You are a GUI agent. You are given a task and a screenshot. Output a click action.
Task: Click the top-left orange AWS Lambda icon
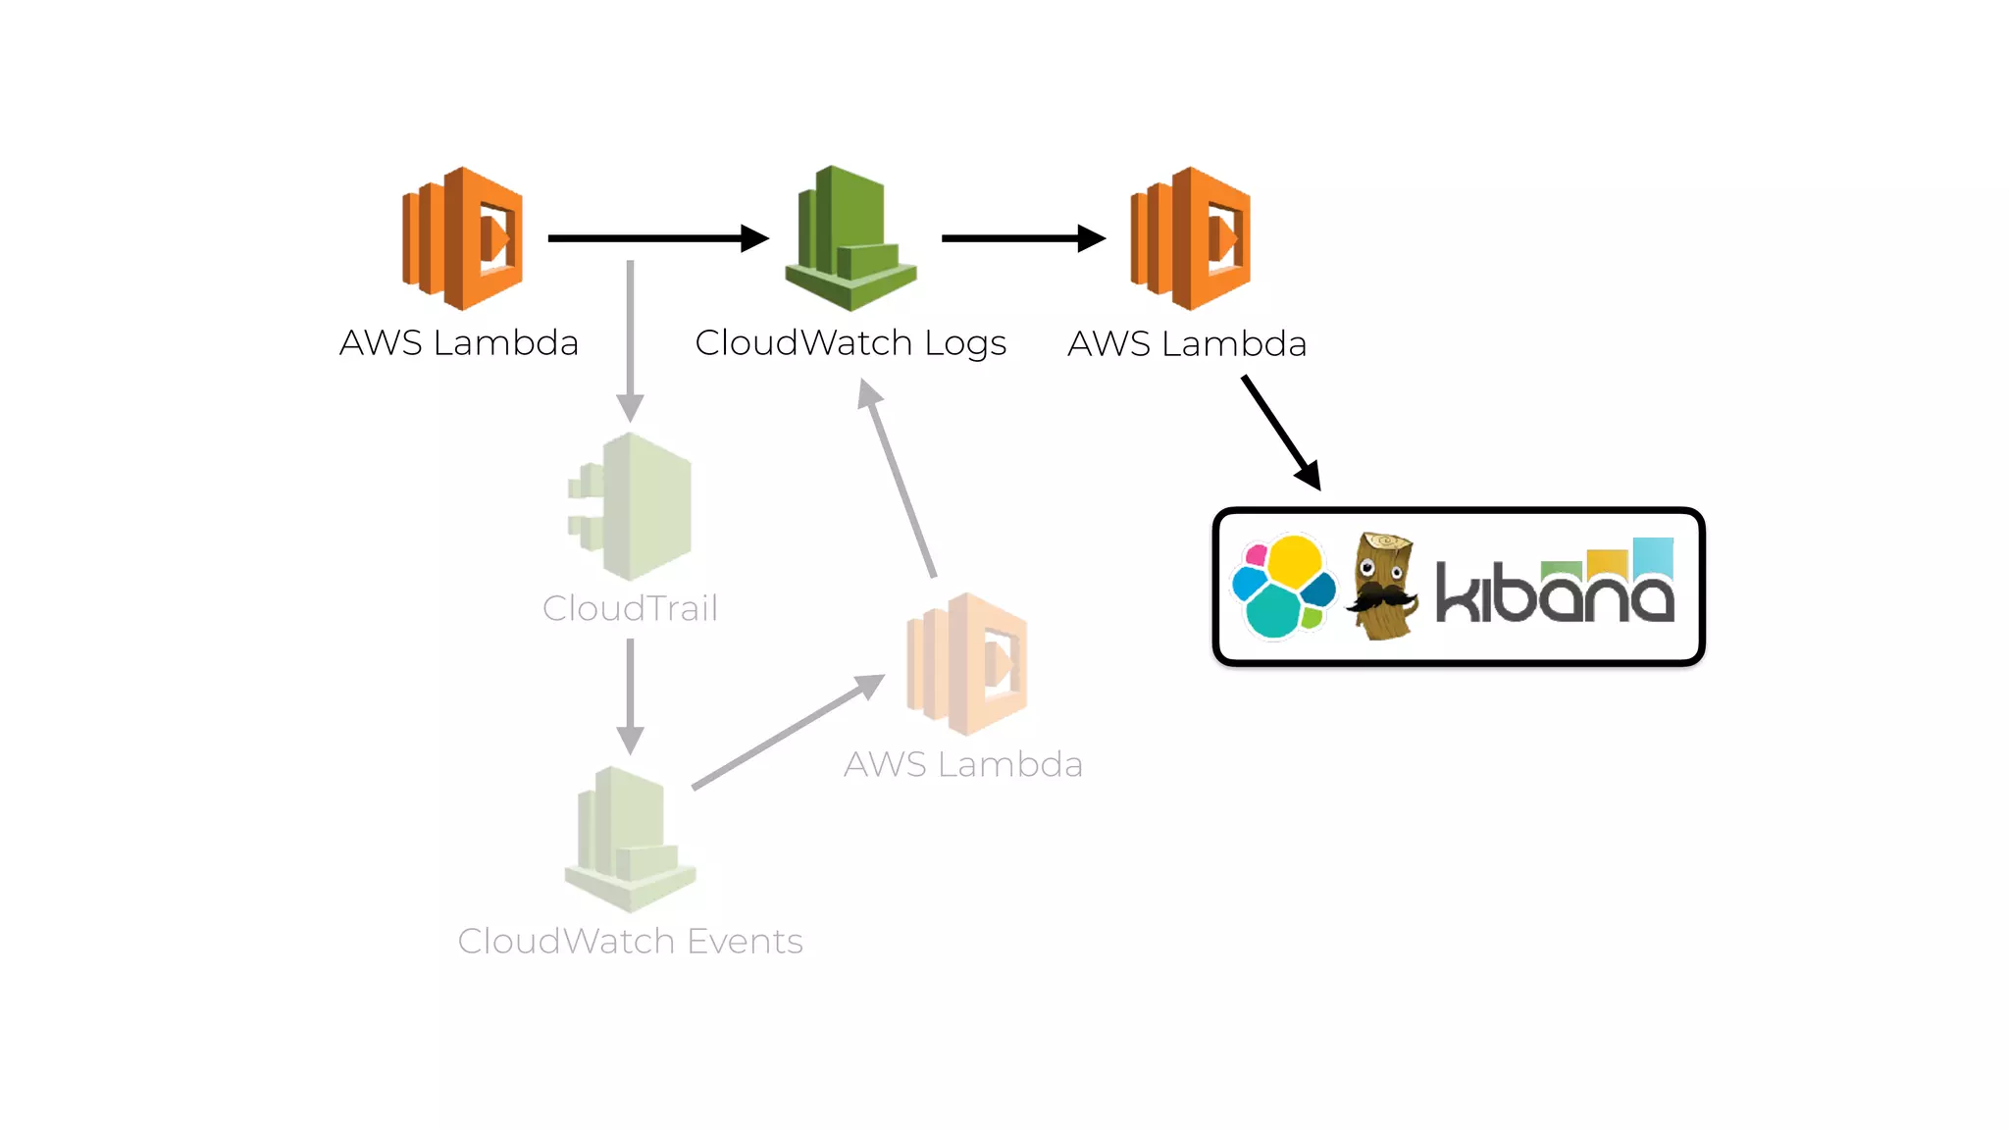[x=463, y=238]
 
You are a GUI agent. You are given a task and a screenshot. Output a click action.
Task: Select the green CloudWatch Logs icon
[x=850, y=238]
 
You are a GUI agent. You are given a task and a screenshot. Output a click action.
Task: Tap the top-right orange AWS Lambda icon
[x=1191, y=238]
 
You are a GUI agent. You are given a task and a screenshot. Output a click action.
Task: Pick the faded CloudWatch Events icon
[x=630, y=840]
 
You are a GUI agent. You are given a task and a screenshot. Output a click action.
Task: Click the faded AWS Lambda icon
[x=967, y=664]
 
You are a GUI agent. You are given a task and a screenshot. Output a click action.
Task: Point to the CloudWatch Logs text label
[x=850, y=343]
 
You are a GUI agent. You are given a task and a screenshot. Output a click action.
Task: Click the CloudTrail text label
[x=630, y=608]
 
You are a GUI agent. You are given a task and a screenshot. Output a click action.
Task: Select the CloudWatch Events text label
[x=630, y=941]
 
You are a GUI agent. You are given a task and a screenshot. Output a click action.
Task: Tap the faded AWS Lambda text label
[x=962, y=764]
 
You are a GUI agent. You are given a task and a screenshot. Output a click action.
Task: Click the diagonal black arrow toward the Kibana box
[x=1280, y=432]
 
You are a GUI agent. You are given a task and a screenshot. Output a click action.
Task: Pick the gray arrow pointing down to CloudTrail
[x=630, y=338]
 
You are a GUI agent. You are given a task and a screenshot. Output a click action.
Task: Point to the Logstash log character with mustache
[x=1383, y=587]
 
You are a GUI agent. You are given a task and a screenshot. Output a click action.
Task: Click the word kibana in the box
[x=1555, y=587]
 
